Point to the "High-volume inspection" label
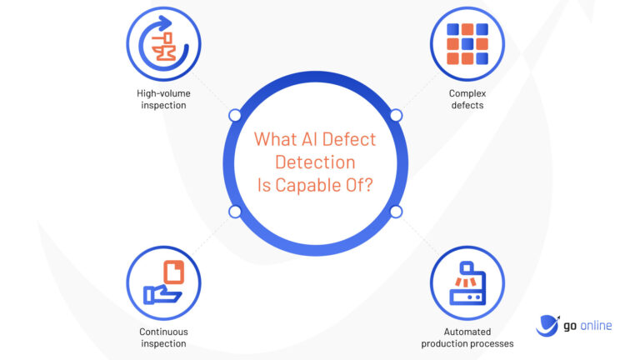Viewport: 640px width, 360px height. point(162,99)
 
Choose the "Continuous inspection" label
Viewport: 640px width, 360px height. point(163,337)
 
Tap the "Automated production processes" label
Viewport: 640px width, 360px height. point(467,337)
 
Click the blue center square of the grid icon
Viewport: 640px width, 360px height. point(467,43)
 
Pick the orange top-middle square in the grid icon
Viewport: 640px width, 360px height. point(467,29)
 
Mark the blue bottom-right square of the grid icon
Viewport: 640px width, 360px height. point(481,58)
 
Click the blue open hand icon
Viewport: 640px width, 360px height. point(160,294)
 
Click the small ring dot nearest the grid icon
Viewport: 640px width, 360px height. point(396,115)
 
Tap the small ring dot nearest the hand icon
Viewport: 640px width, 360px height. point(235,212)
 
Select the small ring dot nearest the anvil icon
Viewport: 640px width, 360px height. point(235,115)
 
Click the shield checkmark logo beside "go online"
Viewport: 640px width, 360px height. point(547,325)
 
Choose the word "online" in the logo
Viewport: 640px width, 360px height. point(593,325)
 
